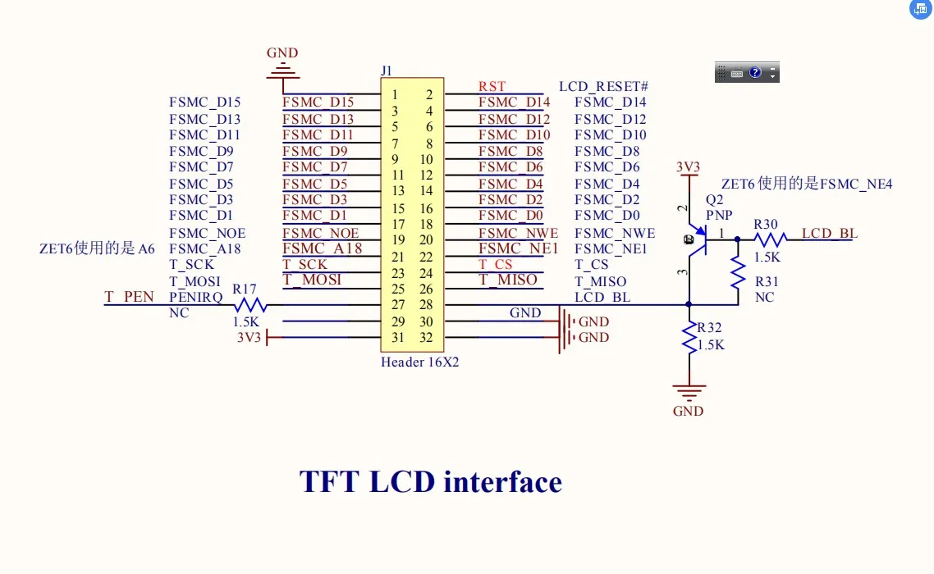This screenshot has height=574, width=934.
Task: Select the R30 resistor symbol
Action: click(x=770, y=239)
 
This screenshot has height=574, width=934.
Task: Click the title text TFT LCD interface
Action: click(x=431, y=481)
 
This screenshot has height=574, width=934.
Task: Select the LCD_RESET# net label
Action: click(x=604, y=86)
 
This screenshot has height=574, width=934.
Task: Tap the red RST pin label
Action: click(x=492, y=86)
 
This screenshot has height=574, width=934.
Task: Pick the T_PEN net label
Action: click(x=129, y=297)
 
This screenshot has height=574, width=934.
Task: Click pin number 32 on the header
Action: click(x=426, y=338)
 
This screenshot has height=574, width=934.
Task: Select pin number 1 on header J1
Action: click(x=395, y=95)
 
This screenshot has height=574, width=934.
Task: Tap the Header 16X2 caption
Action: click(x=419, y=362)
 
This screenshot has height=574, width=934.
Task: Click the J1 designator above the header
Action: click(x=387, y=71)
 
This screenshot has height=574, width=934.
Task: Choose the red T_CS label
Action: click(x=495, y=264)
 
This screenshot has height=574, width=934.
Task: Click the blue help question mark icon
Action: click(x=755, y=72)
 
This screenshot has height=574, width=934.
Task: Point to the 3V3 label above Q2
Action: click(x=688, y=167)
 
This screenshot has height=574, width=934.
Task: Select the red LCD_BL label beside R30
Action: click(x=830, y=233)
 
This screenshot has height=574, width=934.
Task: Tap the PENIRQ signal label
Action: click(x=195, y=297)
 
